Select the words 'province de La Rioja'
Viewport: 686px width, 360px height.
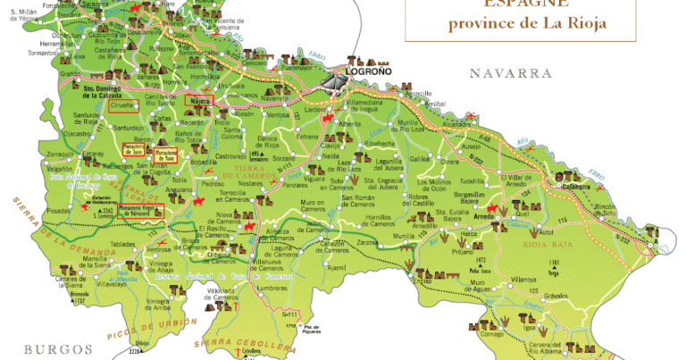click(x=527, y=23)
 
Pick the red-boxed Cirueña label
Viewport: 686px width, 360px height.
click(x=123, y=106)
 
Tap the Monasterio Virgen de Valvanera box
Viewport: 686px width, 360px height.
click(x=143, y=213)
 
